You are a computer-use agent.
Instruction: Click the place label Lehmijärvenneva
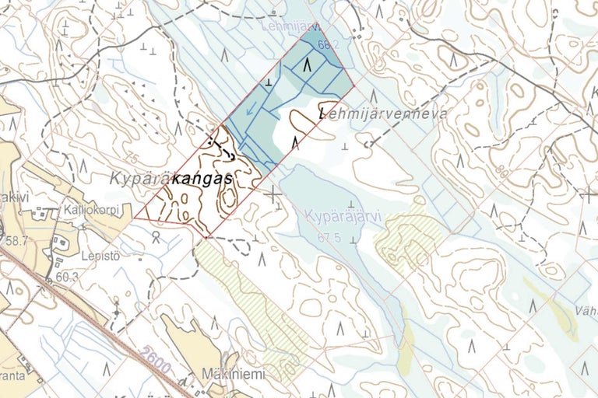point(383,113)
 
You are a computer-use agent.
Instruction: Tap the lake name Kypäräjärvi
point(343,216)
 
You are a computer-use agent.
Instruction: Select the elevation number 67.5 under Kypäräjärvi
point(330,238)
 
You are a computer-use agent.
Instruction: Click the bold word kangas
point(204,179)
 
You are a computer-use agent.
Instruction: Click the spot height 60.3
point(67,276)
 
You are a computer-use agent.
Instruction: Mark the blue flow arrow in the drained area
point(250,114)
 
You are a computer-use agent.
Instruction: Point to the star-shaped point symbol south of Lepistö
point(117,312)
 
